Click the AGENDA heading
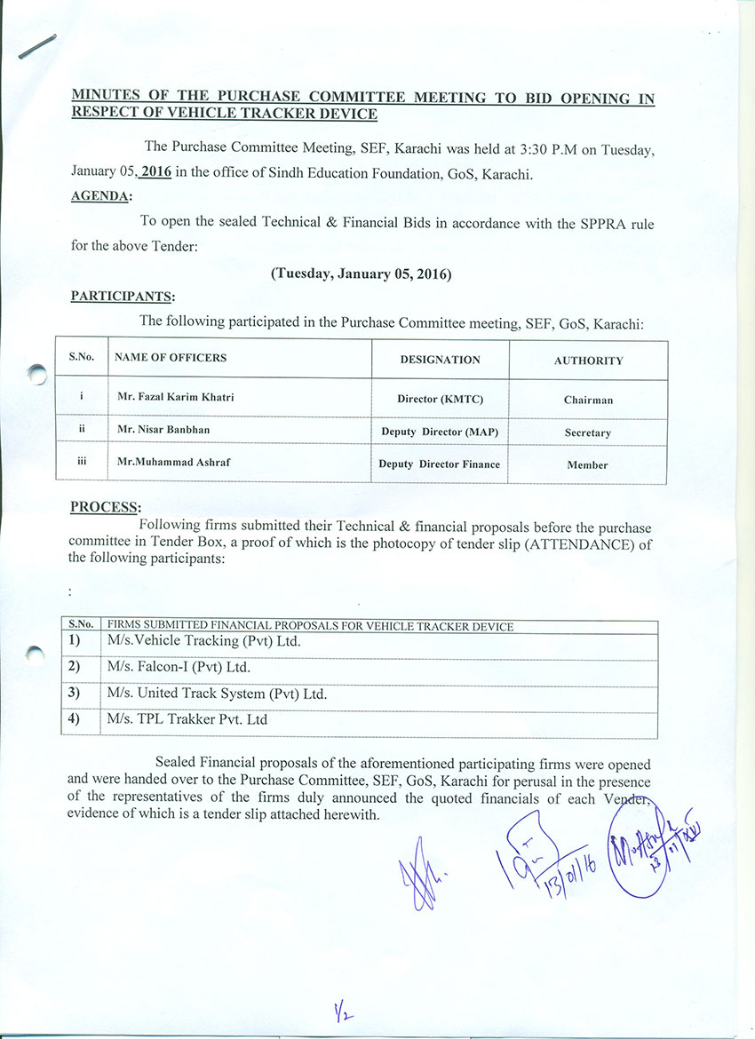100,196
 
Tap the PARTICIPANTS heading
123,296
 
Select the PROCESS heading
104,507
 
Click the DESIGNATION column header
440,360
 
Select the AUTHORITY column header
588,361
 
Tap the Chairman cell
588,400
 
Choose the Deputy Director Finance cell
439,464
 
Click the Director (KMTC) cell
440,399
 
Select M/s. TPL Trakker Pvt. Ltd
187,719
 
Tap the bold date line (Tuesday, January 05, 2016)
362,274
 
